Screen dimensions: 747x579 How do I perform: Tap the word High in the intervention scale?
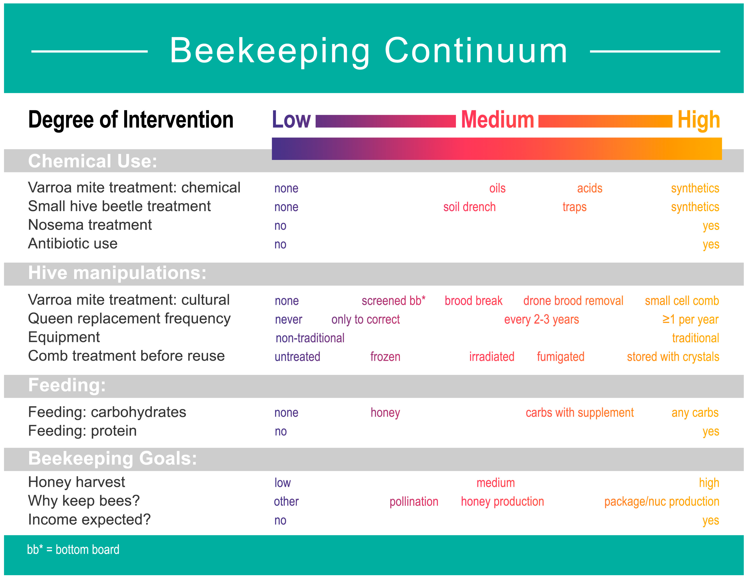(x=698, y=120)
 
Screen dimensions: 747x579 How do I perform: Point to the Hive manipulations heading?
(x=117, y=273)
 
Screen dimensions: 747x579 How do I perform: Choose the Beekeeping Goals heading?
(x=113, y=458)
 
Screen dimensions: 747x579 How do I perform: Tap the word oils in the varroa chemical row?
(x=497, y=188)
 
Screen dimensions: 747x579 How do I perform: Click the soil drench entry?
(x=469, y=207)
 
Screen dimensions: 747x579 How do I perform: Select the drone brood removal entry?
(x=573, y=301)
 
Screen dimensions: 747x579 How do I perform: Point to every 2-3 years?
(x=541, y=320)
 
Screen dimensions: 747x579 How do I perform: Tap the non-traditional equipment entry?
(x=310, y=338)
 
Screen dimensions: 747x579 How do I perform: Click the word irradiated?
(x=491, y=357)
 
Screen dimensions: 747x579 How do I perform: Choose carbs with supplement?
(x=580, y=413)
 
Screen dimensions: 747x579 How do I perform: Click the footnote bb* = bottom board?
(x=73, y=549)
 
